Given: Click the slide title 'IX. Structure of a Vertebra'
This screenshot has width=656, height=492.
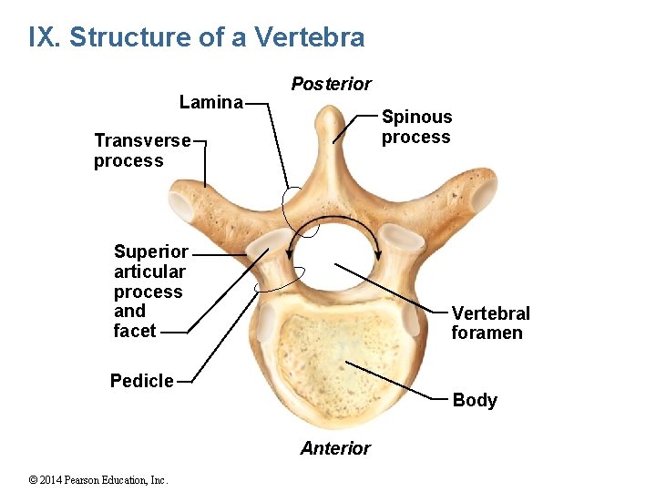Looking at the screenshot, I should pos(197,37).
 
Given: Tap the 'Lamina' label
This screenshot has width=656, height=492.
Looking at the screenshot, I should pos(211,102).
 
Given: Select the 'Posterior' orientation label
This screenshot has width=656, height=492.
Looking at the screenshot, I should pos(331,84).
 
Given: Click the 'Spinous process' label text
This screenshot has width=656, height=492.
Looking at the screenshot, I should pos(416,127).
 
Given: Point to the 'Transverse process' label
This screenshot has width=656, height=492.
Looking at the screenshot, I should pos(141,150).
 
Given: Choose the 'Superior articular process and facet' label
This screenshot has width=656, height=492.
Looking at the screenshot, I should pos(150,291).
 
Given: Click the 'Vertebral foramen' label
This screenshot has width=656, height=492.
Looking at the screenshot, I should pos(490,323).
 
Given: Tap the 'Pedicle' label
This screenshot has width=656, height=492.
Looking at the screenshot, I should pos(141,381).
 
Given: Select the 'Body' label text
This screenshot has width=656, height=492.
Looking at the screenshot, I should pos(475,400).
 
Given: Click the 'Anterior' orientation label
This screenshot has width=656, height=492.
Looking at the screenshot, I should pos(335,448).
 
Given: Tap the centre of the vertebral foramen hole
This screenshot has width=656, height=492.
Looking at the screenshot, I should pos(333,261).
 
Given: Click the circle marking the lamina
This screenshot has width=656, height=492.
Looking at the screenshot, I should pos(296,206).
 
